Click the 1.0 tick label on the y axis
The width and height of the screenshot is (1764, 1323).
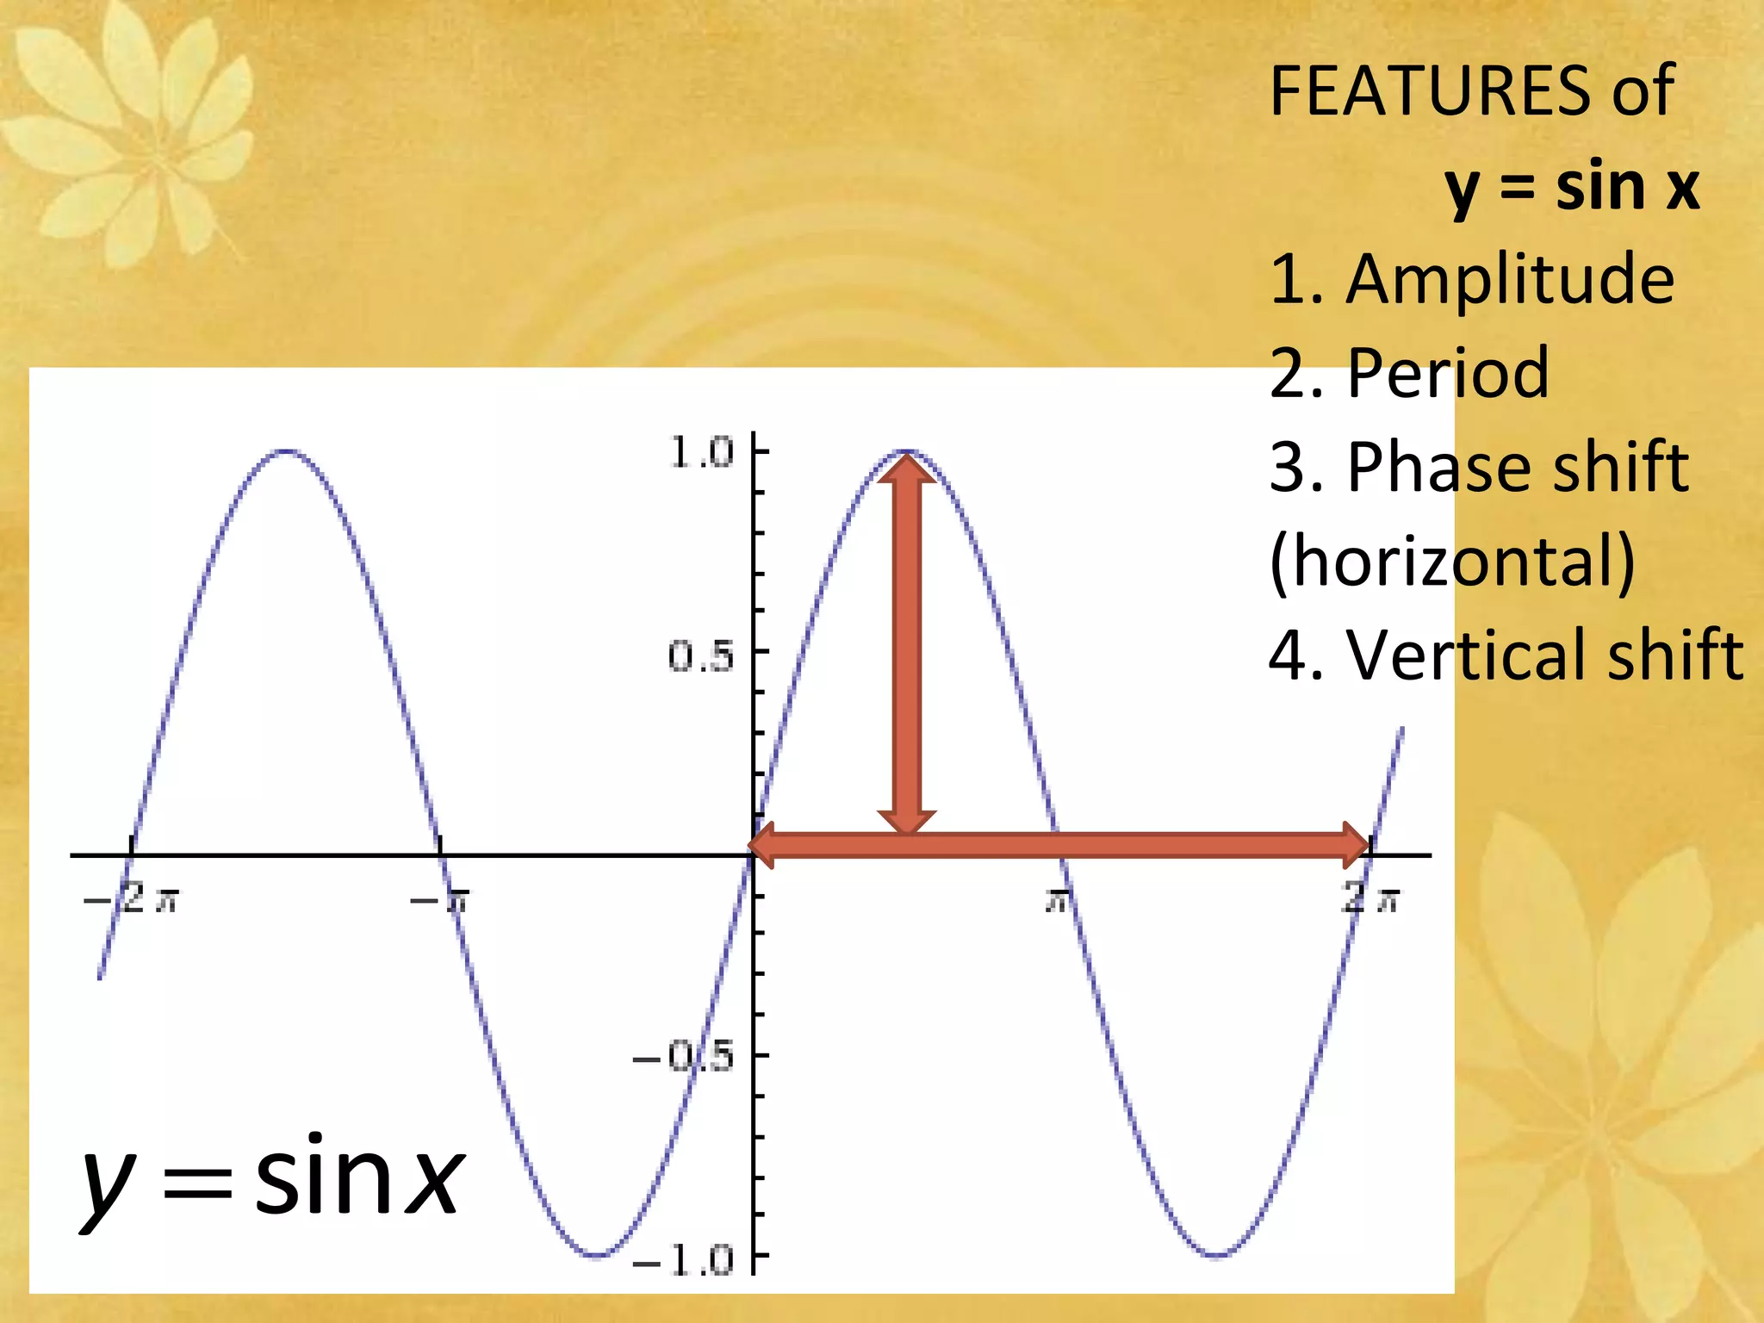(x=701, y=453)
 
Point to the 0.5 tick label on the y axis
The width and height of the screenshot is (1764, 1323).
(x=701, y=657)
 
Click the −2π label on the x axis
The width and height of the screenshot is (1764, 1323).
(x=132, y=900)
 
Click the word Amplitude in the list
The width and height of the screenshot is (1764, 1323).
(x=1510, y=280)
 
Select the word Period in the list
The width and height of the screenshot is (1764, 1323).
(x=1448, y=374)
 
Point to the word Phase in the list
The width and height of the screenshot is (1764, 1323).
(x=1427, y=468)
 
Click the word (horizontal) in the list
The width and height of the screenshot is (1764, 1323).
(x=1452, y=562)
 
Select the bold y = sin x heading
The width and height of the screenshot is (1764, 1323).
(x=1572, y=187)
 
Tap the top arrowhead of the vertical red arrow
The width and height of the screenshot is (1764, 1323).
(x=906, y=469)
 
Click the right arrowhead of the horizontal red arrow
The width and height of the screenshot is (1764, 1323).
(x=1356, y=844)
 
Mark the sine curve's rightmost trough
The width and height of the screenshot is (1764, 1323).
(x=1215, y=1256)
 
